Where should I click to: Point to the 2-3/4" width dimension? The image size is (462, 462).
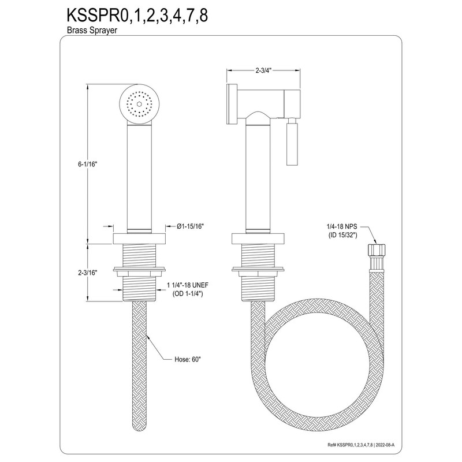pyautogui.click(x=263, y=70)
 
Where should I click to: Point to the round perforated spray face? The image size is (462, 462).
pyautogui.click(x=139, y=104)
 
